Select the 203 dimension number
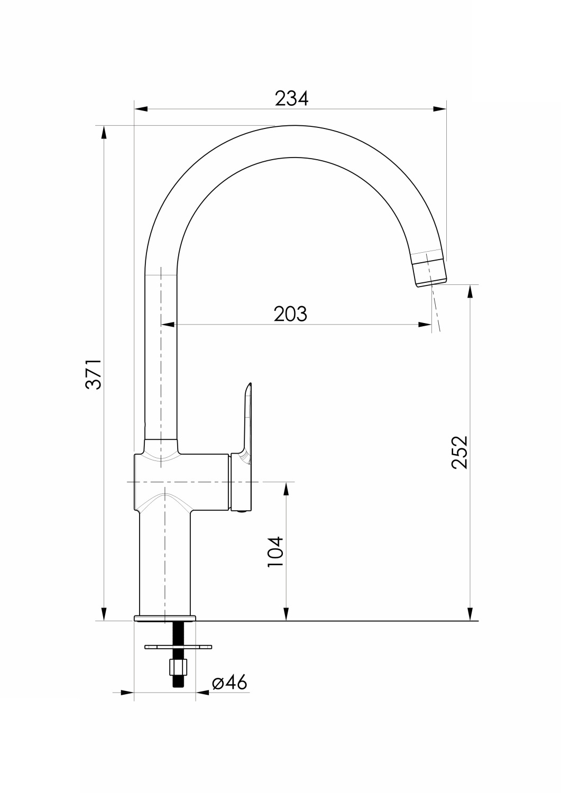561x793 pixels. point(290,313)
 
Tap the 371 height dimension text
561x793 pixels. point(94,374)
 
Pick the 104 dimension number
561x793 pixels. point(275,552)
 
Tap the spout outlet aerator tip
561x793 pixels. point(429,269)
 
